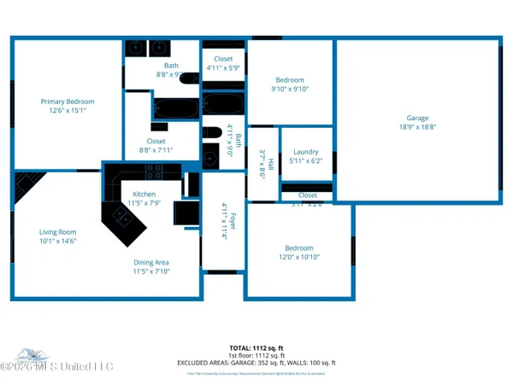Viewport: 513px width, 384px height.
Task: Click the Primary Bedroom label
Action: [x=68, y=102]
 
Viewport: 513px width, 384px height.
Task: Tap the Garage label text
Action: [x=417, y=119]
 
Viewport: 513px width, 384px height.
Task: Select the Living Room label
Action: [x=57, y=232]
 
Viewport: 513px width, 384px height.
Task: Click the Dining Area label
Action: [x=150, y=263]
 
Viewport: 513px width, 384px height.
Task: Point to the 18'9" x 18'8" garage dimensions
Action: [x=417, y=126]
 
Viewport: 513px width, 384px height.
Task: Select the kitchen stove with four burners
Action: [x=155, y=171]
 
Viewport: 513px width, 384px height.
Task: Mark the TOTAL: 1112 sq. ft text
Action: [x=256, y=347]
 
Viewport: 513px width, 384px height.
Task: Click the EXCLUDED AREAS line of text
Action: [x=256, y=362]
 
